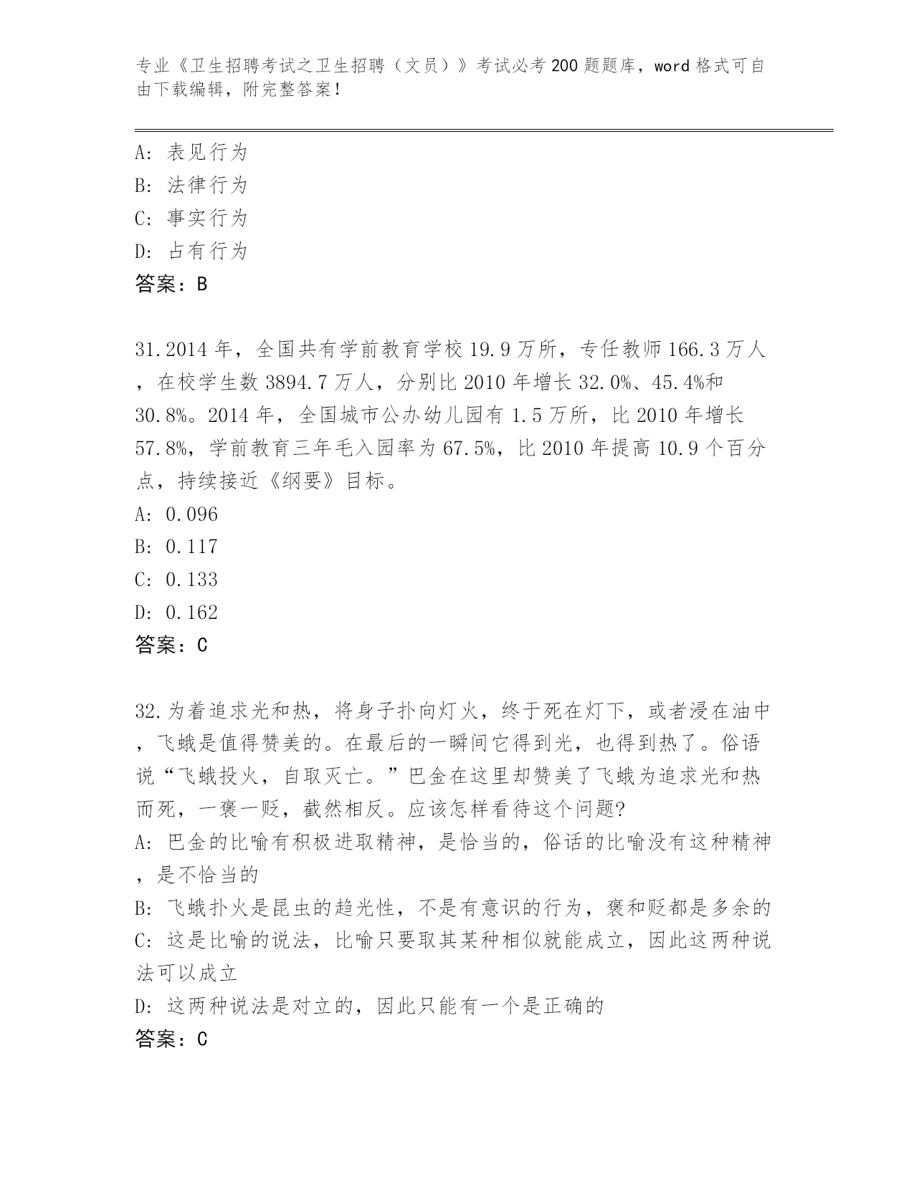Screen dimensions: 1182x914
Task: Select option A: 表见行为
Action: coord(191,152)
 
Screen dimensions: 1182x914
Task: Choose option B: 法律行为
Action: coord(191,185)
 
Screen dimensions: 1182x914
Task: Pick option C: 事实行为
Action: coord(191,218)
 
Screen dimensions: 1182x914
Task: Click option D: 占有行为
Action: coord(191,251)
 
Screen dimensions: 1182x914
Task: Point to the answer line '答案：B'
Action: coord(171,284)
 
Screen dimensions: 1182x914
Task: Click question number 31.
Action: coord(146,350)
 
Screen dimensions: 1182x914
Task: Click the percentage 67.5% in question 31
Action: coord(470,448)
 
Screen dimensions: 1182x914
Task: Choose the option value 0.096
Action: coord(191,514)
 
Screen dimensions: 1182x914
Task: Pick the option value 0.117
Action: coord(191,547)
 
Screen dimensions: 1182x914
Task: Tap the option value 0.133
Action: coord(191,580)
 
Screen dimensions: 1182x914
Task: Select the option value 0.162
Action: coord(191,612)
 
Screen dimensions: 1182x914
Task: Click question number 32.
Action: coord(146,711)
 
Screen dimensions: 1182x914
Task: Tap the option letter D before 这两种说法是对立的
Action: coord(141,1006)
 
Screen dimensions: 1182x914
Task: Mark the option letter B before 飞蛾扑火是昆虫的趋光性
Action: coord(141,908)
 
